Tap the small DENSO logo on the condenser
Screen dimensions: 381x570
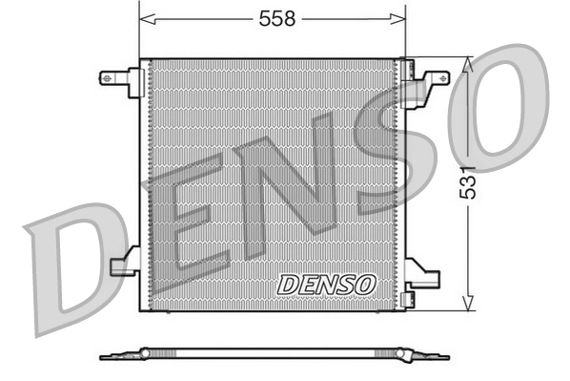pyautogui.click(x=327, y=285)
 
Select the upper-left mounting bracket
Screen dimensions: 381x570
pyautogui.click(x=121, y=79)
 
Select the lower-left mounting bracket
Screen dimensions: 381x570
pyautogui.click(x=125, y=263)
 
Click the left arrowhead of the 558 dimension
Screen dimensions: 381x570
pyautogui.click(x=145, y=19)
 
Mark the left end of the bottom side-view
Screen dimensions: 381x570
pyautogui.click(x=104, y=357)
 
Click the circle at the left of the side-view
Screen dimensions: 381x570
pyautogui.click(x=145, y=353)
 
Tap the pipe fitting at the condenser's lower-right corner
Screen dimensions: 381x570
pyautogui.click(x=409, y=298)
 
